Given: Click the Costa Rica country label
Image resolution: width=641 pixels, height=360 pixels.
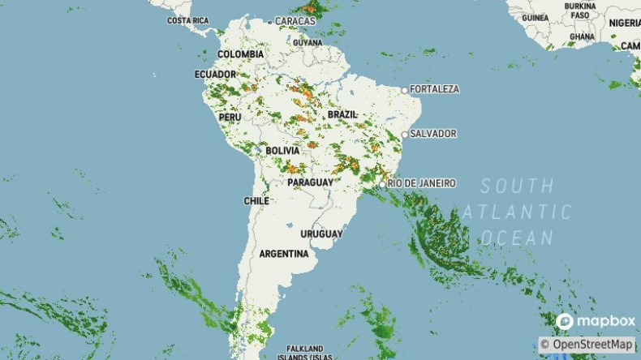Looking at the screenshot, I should [x=187, y=20].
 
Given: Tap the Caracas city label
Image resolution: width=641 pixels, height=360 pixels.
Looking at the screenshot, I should [x=295, y=20].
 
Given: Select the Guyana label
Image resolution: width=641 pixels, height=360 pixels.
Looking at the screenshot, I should [x=308, y=42].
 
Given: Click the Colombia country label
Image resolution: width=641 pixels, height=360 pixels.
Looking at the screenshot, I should [x=240, y=54].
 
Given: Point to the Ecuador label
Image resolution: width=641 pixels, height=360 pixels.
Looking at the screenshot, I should [x=215, y=75].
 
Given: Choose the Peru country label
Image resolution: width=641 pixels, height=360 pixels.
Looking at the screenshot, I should [x=230, y=117].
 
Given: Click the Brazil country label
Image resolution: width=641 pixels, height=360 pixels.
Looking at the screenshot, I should [x=342, y=115].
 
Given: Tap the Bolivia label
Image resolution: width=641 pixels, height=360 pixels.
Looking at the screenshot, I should [x=282, y=151].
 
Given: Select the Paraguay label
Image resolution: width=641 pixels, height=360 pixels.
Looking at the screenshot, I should [x=310, y=183].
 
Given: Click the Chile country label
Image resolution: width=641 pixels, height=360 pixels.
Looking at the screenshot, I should [x=256, y=200].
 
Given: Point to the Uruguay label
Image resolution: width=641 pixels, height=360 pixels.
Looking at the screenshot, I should [x=321, y=234].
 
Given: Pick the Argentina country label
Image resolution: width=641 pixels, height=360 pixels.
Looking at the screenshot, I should [x=284, y=254].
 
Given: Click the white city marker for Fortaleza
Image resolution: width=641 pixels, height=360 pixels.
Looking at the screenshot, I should [x=405, y=89].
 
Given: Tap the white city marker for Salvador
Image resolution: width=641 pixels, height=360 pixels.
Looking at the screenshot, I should [x=405, y=135].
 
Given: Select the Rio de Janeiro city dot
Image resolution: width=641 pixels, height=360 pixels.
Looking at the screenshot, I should [x=382, y=184].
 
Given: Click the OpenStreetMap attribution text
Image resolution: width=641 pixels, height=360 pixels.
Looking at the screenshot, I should [x=587, y=345].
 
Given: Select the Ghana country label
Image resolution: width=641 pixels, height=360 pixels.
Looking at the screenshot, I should [x=582, y=36].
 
